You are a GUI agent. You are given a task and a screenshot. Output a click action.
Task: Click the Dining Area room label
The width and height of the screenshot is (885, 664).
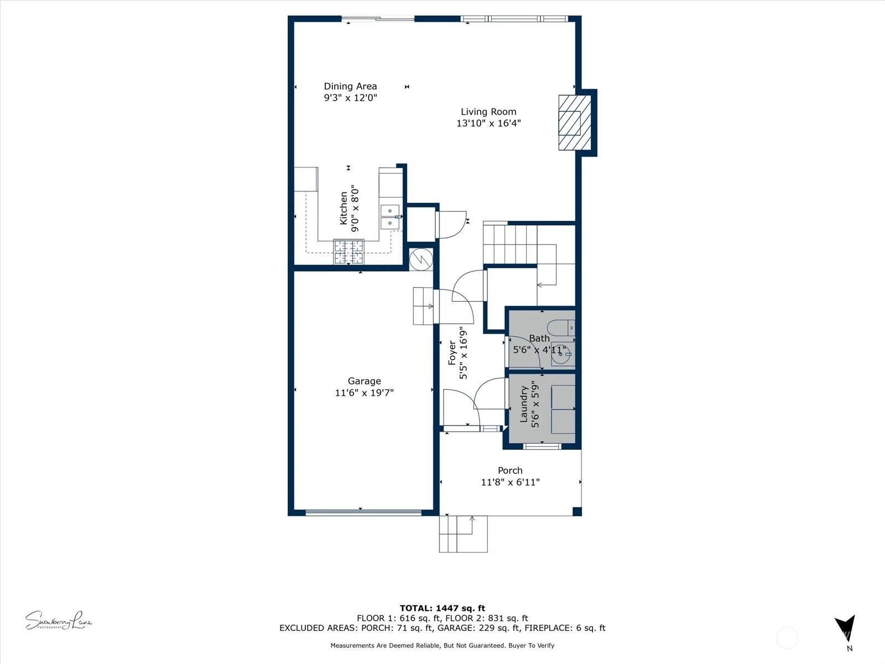350,86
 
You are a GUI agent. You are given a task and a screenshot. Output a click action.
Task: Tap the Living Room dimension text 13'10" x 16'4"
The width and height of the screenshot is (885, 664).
488,123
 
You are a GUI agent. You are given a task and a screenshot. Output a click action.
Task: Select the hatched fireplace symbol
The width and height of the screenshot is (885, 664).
575,122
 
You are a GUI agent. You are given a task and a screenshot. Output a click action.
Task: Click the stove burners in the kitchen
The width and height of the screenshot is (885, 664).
349,252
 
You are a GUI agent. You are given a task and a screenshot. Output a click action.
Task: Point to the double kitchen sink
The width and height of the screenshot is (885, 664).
390,217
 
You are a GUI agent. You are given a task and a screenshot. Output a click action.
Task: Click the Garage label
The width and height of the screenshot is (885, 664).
364,381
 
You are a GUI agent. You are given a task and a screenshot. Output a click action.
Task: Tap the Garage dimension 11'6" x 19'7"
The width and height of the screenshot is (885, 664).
364,393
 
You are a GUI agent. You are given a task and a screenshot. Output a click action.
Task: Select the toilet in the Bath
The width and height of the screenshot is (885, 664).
562,328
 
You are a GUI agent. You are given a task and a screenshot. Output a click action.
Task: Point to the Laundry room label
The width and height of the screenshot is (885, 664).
524,404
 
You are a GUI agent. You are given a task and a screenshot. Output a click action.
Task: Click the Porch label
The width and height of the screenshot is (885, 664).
510,470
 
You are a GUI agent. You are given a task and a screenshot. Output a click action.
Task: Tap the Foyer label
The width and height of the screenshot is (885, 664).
452,353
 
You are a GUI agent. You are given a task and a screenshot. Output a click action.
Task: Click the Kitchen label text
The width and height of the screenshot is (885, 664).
343,209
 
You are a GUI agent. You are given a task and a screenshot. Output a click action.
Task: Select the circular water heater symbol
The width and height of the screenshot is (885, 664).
421,259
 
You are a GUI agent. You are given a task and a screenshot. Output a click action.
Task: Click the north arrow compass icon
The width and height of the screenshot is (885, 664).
845,628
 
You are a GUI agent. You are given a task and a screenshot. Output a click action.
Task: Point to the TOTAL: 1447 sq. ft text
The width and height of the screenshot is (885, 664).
442,608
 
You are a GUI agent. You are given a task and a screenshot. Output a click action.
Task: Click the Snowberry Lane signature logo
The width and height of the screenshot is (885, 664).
59,620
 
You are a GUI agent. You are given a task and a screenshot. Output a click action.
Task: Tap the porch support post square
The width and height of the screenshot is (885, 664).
577,512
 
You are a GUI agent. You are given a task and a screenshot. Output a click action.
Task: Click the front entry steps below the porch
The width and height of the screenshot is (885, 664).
464,534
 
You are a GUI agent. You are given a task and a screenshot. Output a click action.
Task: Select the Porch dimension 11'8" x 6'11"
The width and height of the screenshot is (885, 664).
510,482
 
